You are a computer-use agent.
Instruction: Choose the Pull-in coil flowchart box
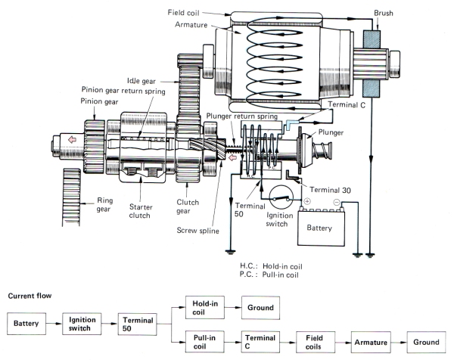pyautogui.click(x=202, y=342)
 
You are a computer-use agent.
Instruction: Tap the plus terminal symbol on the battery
pyautogui.click(x=308, y=203)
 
